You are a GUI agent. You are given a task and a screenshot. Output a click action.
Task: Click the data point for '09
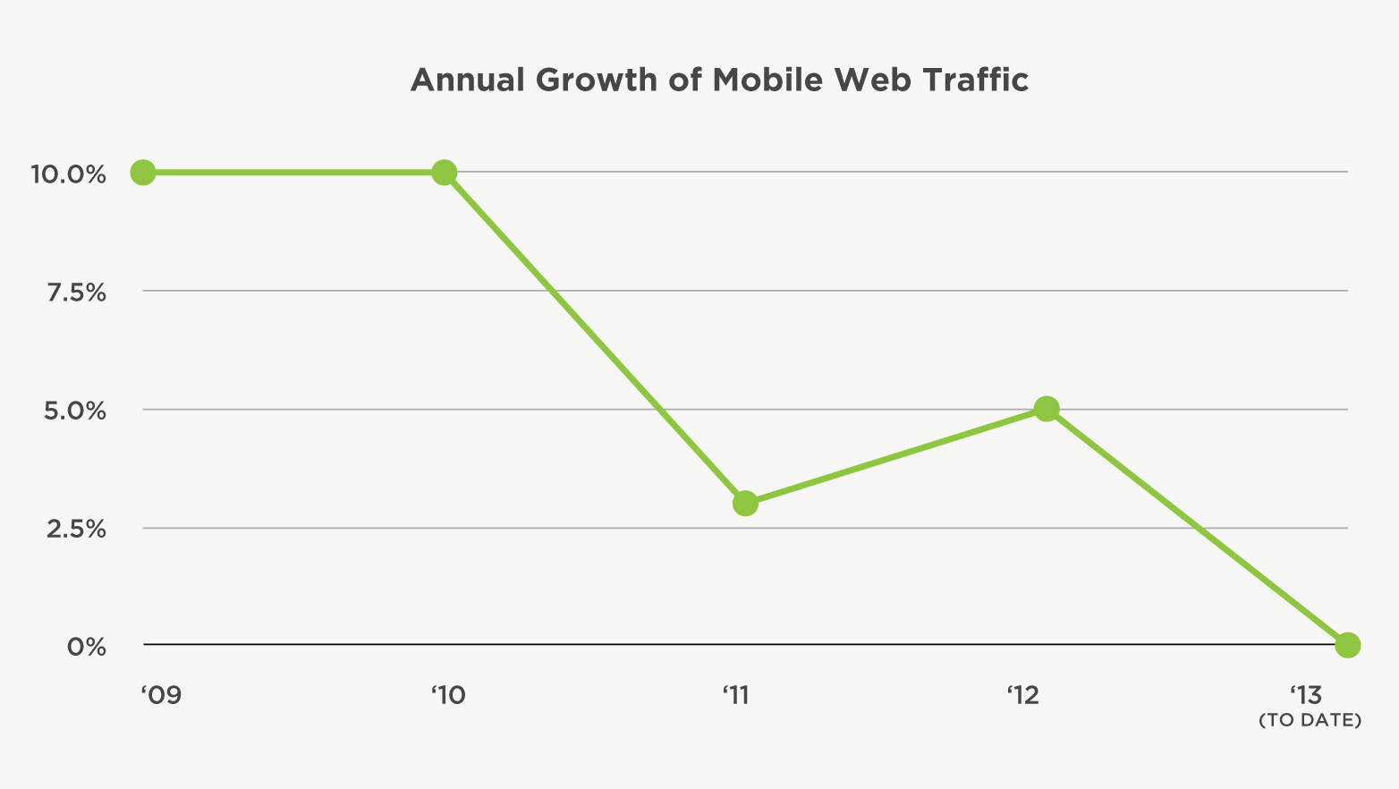[143, 172]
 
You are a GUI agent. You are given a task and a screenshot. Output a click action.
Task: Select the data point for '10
[444, 172]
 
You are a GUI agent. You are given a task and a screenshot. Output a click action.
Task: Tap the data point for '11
[745, 504]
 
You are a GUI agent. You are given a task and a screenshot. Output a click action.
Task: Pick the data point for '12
[1047, 409]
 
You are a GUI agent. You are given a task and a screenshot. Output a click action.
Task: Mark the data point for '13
[1347, 645]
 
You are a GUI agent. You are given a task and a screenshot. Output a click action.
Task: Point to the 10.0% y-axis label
[69, 174]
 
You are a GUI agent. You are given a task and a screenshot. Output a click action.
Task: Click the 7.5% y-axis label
[76, 293]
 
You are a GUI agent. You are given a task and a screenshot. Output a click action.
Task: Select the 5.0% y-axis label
[76, 411]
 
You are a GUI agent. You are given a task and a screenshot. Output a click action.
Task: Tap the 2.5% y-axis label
[76, 529]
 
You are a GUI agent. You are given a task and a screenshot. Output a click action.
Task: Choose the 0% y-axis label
[87, 647]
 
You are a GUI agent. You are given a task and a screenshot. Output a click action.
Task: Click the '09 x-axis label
[162, 695]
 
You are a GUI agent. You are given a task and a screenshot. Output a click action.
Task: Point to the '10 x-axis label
[448, 695]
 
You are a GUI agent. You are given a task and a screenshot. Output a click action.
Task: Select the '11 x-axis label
[735, 695]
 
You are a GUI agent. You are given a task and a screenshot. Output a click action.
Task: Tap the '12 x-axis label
[1023, 695]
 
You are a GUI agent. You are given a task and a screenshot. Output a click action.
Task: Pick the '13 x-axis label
[1306, 695]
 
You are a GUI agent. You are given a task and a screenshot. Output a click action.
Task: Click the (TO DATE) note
[1310, 720]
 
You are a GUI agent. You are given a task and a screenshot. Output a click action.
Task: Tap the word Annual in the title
[467, 81]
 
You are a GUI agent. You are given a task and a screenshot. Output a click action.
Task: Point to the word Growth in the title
[596, 81]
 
